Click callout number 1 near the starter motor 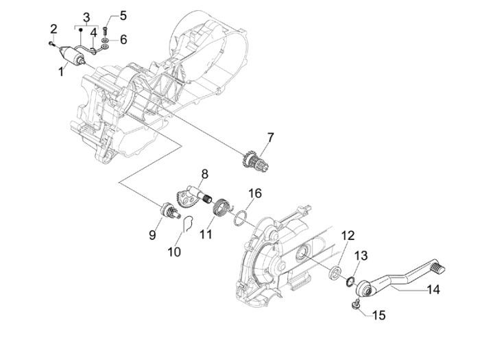(62, 71)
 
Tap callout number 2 (53, 28)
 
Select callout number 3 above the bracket (86, 16)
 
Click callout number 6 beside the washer (123, 40)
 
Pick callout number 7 (270, 138)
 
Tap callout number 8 (204, 173)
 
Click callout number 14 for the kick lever (433, 289)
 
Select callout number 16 (254, 194)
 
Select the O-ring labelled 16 (239, 219)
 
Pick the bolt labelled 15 (356, 304)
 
